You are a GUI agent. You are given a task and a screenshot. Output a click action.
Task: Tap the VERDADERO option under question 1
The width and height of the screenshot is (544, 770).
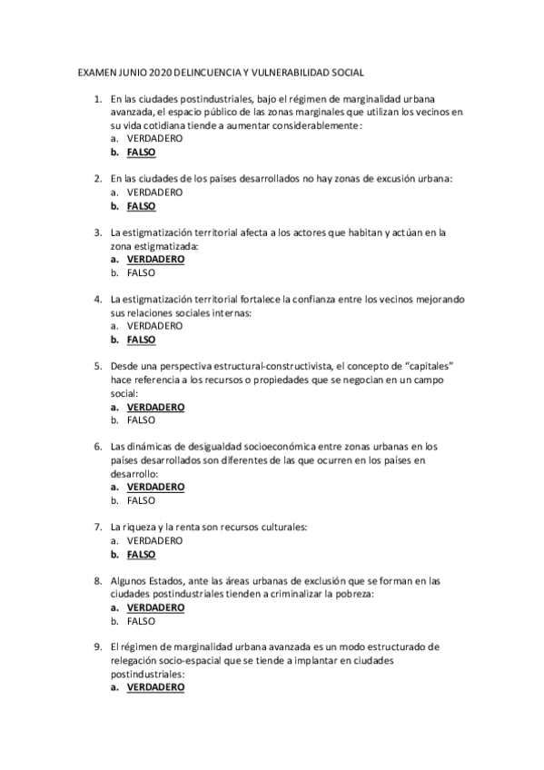pyautogui.click(x=154, y=139)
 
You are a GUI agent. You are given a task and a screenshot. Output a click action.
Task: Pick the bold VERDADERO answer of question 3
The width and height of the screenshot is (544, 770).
pyautogui.click(x=155, y=259)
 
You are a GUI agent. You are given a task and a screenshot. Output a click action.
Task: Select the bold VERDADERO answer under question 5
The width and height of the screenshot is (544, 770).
pyautogui.click(x=155, y=407)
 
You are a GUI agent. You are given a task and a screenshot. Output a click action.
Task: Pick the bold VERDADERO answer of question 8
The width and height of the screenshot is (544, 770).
pyautogui.click(x=155, y=607)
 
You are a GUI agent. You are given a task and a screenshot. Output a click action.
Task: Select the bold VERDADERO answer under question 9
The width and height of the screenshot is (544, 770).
pyautogui.click(x=155, y=687)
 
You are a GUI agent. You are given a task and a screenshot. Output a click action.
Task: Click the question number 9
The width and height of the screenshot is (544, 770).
pyautogui.click(x=97, y=647)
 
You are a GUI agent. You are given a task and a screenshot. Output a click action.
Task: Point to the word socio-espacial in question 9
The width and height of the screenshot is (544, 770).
pyautogui.click(x=207, y=661)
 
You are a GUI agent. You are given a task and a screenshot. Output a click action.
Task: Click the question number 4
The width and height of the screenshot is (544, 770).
pyautogui.click(x=97, y=299)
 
